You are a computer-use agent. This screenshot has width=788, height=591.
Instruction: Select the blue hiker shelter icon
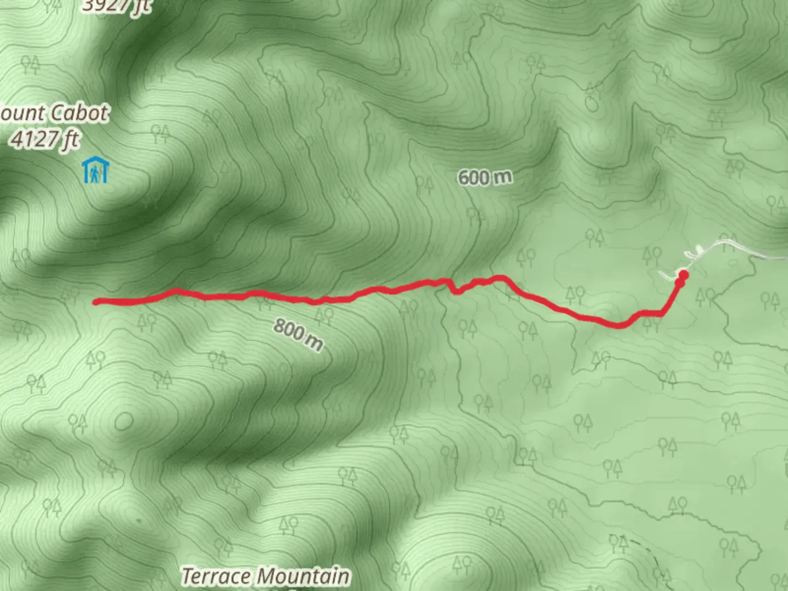pyautogui.click(x=96, y=171)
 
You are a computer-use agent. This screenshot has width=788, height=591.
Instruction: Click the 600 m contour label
pyautogui.click(x=485, y=177)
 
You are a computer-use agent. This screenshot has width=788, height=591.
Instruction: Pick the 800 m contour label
pyautogui.click(x=298, y=334)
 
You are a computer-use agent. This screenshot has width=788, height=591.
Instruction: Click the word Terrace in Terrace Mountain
pyautogui.click(x=217, y=576)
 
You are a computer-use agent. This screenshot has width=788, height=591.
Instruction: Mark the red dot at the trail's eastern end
pyautogui.click(x=683, y=275)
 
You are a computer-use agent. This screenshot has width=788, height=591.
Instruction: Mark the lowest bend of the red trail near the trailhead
pyautogui.click(x=619, y=326)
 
